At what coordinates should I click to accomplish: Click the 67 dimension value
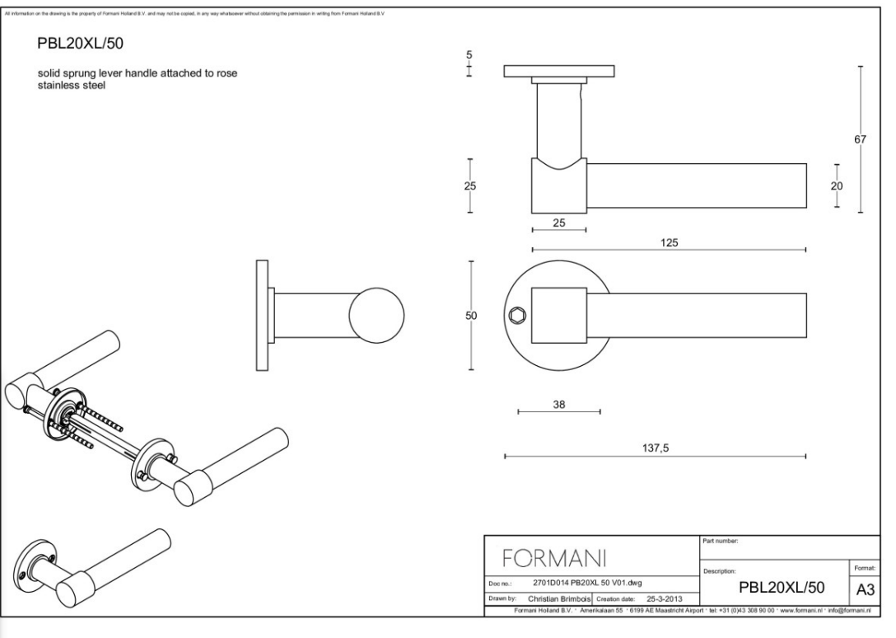pyautogui.click(x=860, y=140)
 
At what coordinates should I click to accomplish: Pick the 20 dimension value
pyautogui.click(x=837, y=186)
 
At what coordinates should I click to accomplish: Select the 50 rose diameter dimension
pyautogui.click(x=472, y=316)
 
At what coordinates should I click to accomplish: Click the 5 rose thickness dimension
pyautogui.click(x=469, y=56)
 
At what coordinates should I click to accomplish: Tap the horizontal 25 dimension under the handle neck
pyautogui.click(x=558, y=223)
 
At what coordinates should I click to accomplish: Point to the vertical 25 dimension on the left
pyautogui.click(x=470, y=185)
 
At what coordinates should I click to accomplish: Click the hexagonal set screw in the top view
pyautogui.click(x=517, y=315)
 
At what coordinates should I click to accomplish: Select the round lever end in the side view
pyautogui.click(x=377, y=317)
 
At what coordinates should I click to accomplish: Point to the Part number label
pyautogui.click(x=724, y=542)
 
